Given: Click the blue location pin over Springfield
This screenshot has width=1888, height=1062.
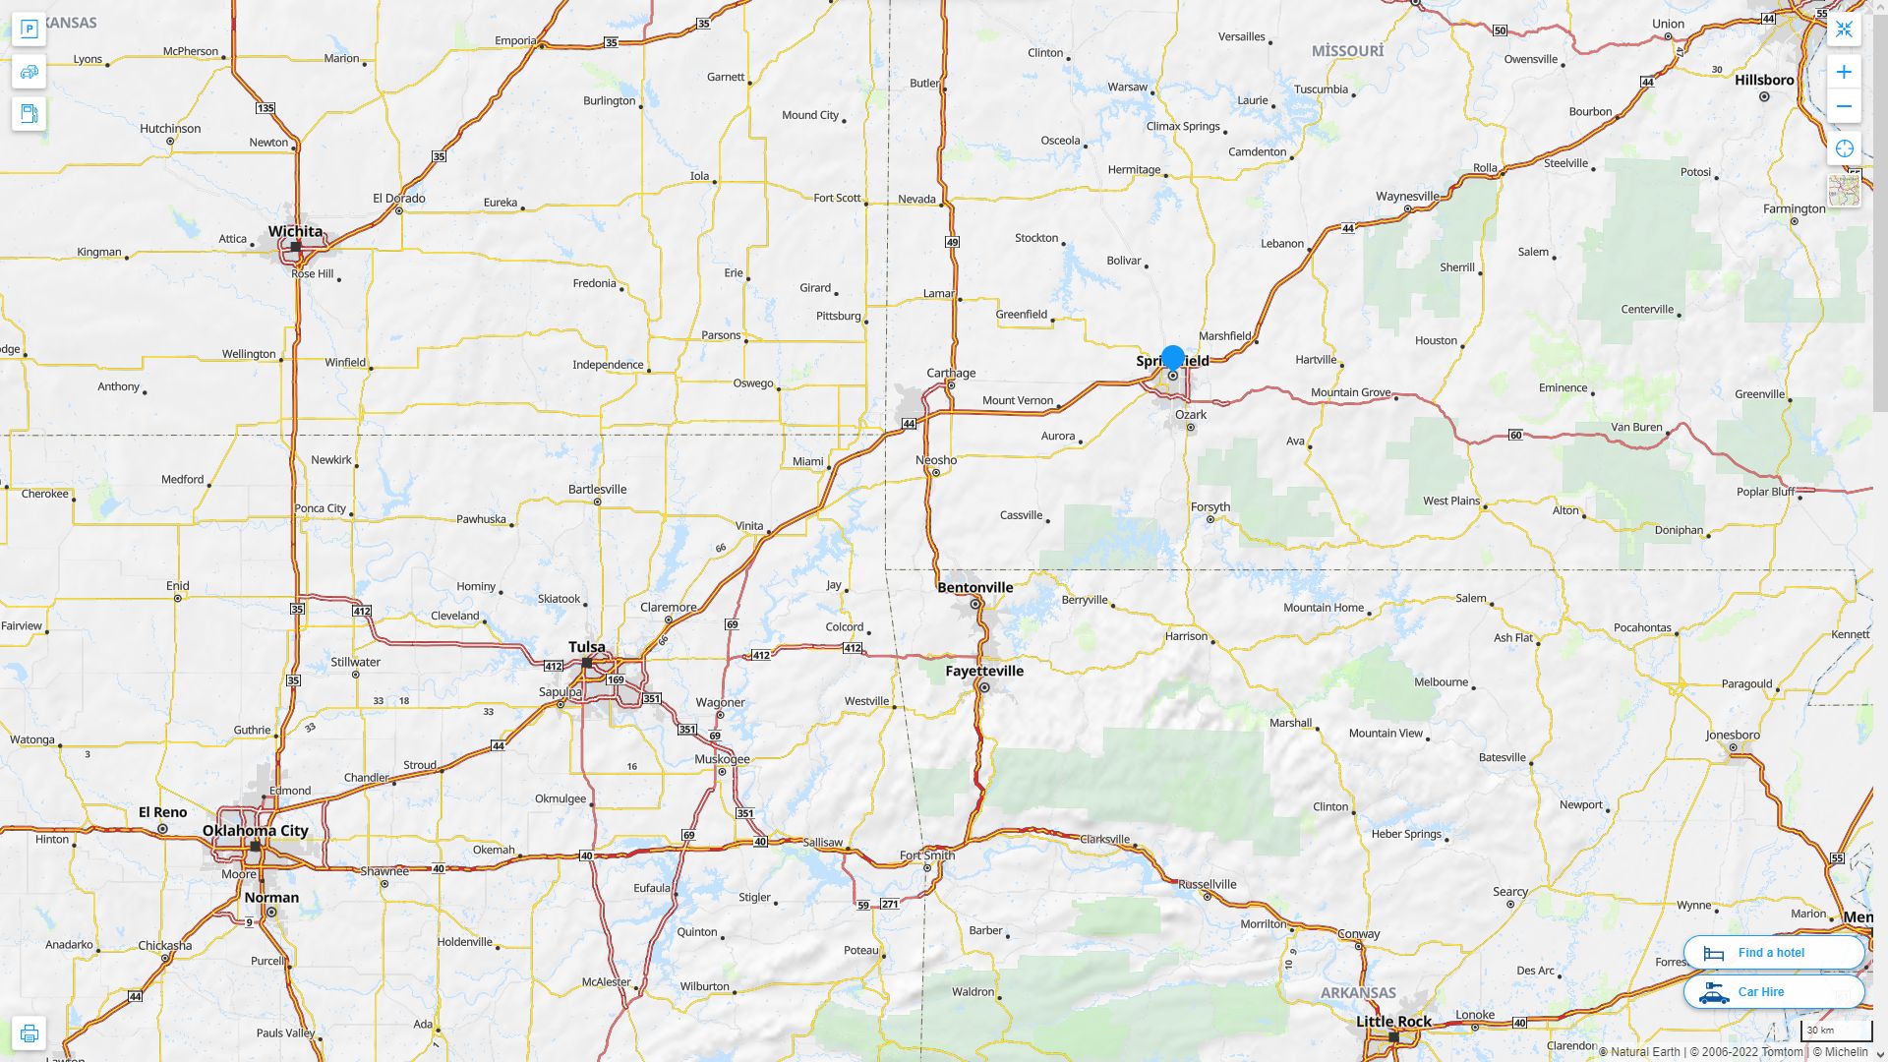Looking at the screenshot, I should click(1172, 358).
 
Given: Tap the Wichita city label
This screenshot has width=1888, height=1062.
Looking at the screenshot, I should click(295, 231).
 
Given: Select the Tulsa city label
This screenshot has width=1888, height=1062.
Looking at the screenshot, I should click(587, 646).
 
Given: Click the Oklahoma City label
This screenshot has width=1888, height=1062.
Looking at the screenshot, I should click(256, 830).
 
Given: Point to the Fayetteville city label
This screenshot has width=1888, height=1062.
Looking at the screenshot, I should click(984, 671).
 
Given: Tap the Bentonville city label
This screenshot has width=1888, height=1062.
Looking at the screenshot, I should click(975, 587).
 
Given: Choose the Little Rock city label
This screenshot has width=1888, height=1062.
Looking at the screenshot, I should click(1393, 1021).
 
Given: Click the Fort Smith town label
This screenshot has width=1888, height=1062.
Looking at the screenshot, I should click(926, 854).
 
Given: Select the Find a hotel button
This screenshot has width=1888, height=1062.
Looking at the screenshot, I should click(1773, 952).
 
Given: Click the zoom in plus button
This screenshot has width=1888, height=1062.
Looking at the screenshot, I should click(1844, 72).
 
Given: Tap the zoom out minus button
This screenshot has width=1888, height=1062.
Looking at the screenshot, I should click(1844, 106).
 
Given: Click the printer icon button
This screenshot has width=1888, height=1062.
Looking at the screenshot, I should click(29, 1032).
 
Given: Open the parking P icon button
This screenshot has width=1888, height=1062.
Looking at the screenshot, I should click(29, 29).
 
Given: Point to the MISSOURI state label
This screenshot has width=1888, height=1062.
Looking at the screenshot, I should click(1347, 50).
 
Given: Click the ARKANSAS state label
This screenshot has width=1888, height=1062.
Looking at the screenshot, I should click(1358, 992).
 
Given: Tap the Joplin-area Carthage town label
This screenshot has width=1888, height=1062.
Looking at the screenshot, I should click(951, 373).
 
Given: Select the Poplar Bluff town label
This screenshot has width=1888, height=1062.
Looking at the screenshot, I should click(1766, 492).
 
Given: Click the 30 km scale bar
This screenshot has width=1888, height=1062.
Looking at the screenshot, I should click(1835, 1031).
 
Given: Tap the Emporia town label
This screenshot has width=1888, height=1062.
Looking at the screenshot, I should click(515, 40).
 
